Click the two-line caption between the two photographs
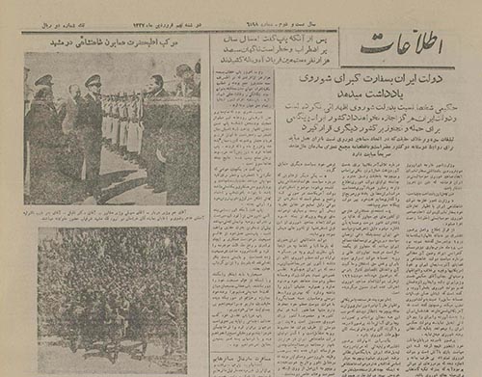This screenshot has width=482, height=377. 112,213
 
